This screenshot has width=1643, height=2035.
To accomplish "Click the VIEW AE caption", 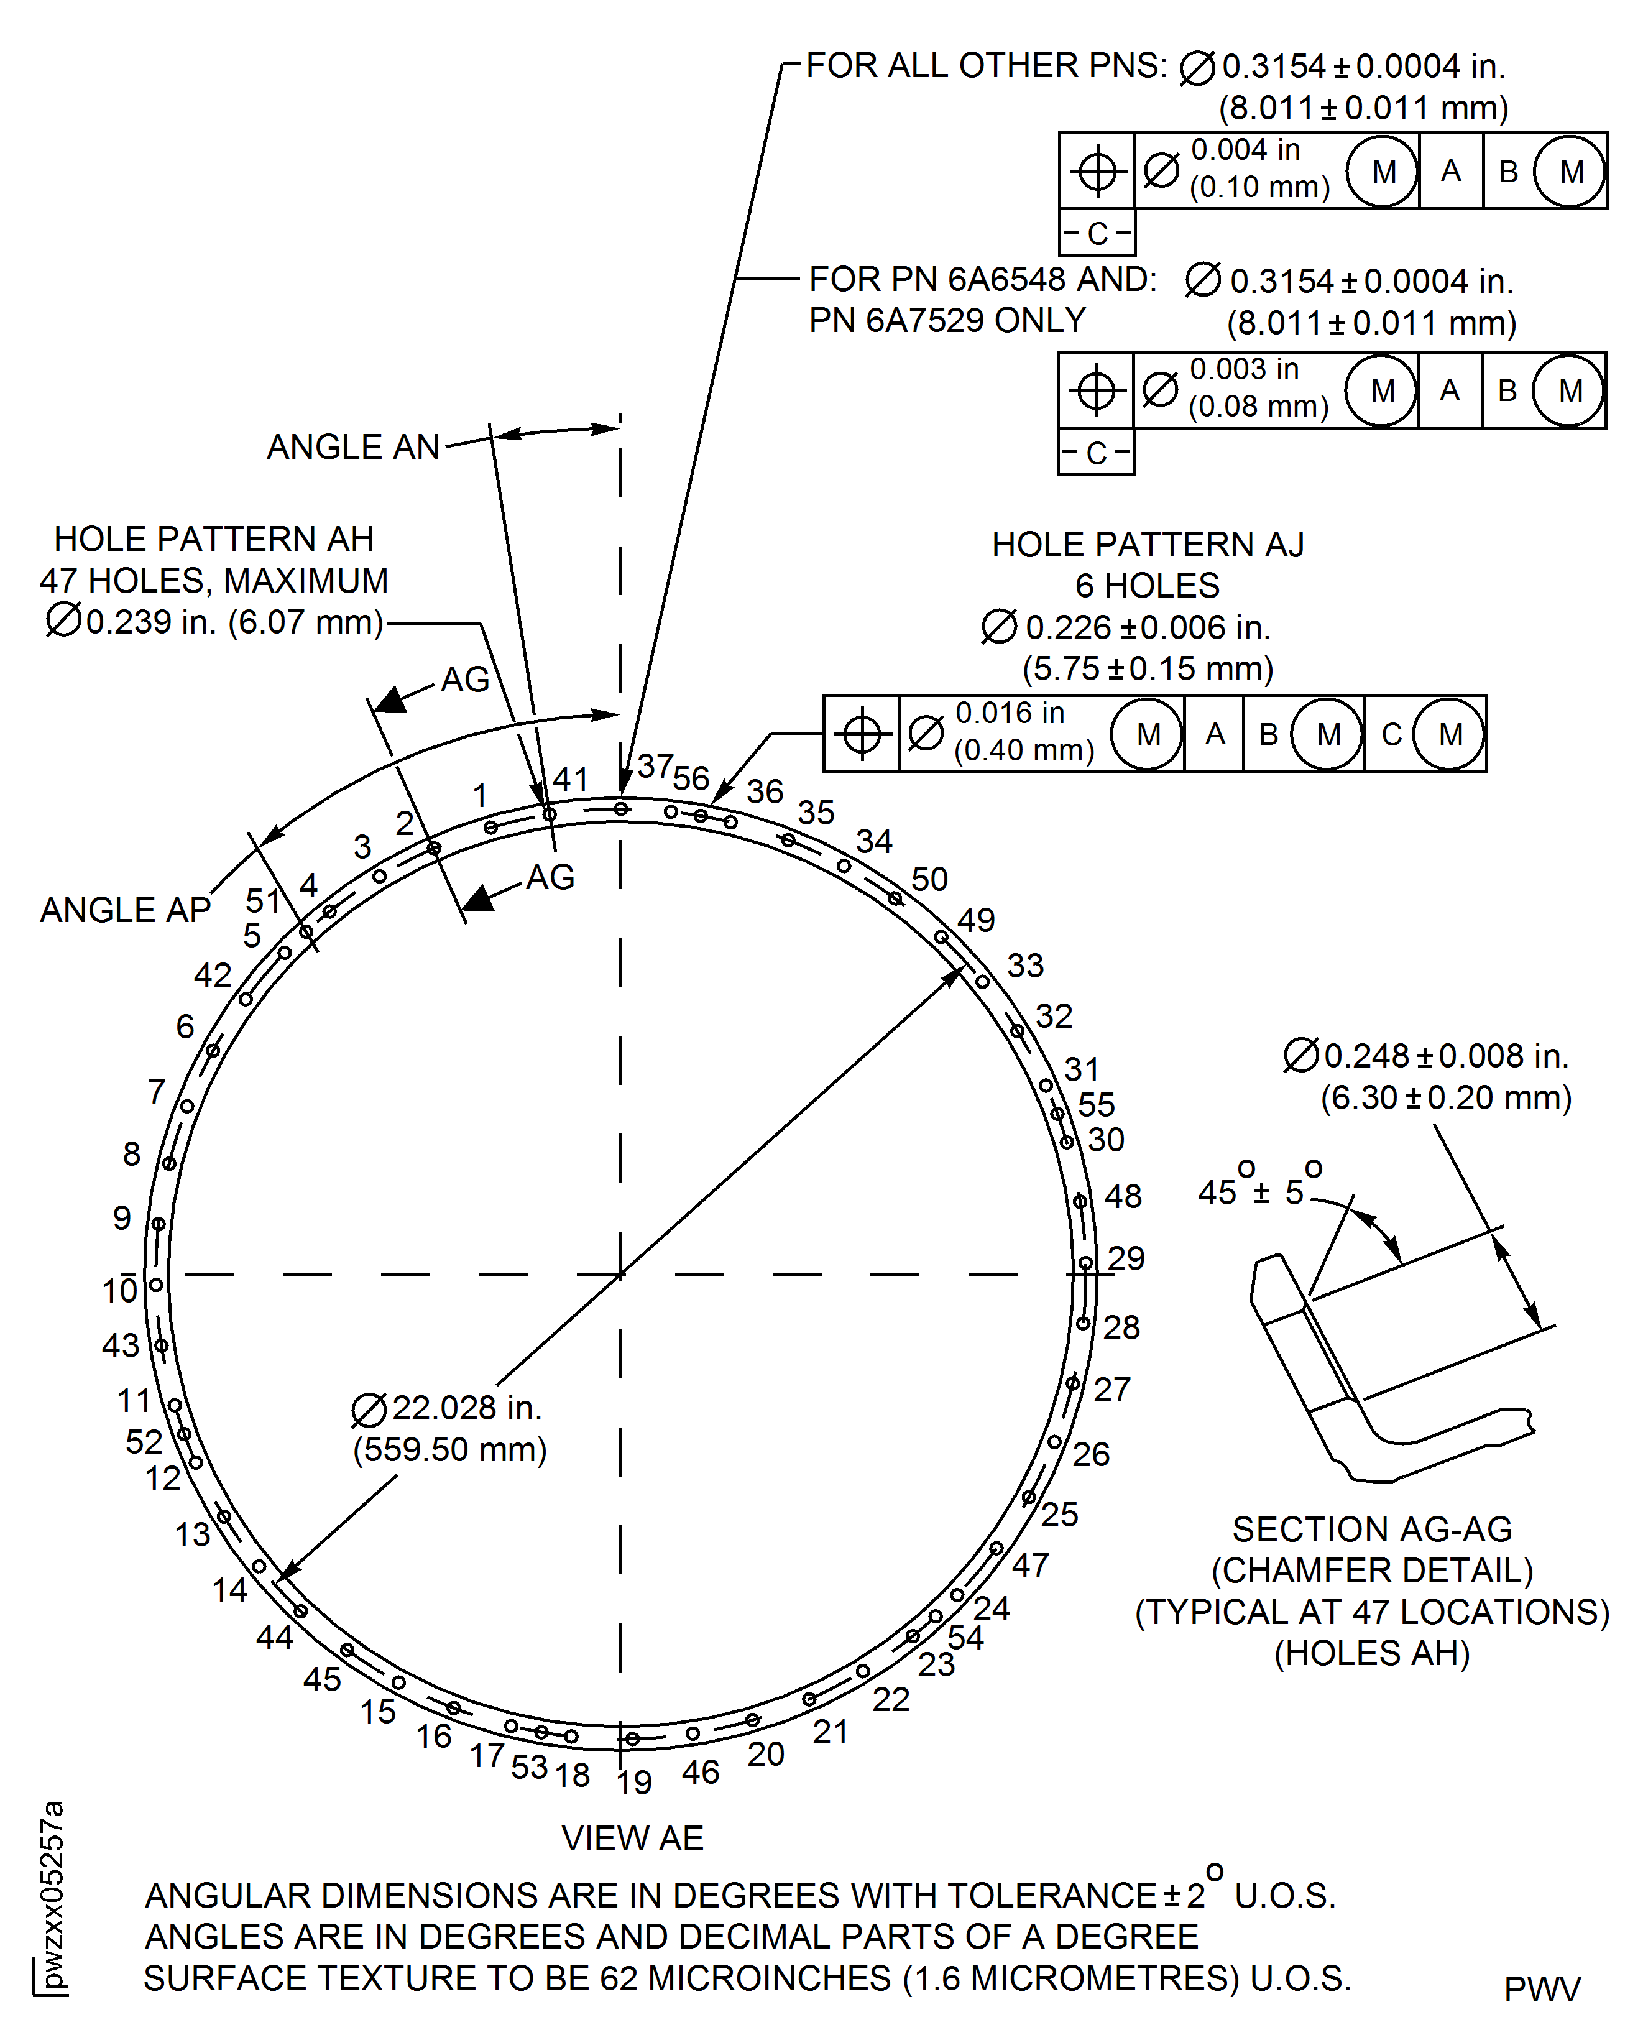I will [632, 1838].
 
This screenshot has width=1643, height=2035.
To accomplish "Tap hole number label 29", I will [1126, 1258].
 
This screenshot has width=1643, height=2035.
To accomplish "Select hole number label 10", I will [120, 1291].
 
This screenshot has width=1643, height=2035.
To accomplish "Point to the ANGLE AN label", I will [353, 447].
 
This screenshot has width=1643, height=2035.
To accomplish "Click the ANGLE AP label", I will [125, 910].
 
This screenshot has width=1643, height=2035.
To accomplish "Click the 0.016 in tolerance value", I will [1009, 713].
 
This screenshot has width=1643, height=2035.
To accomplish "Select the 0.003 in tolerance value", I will [1244, 369].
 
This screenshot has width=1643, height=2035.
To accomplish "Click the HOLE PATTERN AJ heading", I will [1147, 544].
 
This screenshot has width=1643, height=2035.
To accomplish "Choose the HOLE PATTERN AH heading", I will [213, 538].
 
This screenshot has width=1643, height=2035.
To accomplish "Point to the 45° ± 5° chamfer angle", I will [1259, 1191].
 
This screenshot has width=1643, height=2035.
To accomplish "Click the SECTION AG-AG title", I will [1371, 1530].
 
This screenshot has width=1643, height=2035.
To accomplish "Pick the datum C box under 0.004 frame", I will [1097, 233].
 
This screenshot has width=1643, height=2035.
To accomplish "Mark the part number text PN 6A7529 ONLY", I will [946, 321].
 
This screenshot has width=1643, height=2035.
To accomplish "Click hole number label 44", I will [275, 1636].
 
